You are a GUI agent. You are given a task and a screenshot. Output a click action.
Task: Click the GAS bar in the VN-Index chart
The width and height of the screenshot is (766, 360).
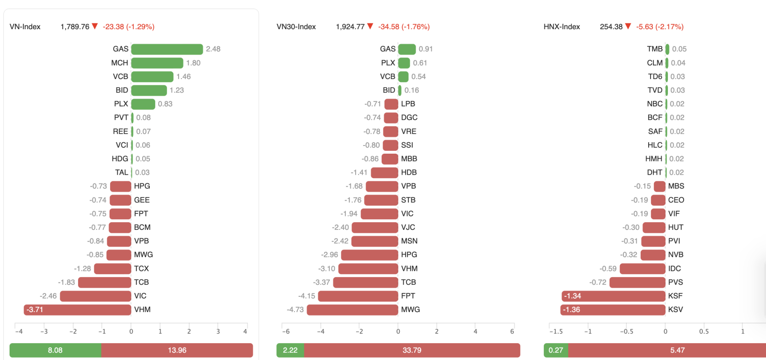[167, 49]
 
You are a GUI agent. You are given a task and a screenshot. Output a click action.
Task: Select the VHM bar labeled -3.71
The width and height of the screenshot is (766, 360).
[78, 310]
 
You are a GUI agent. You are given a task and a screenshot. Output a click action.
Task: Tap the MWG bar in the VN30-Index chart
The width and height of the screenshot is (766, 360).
[352, 310]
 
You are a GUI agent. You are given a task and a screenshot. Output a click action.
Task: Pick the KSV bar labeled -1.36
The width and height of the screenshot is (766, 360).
[613, 310]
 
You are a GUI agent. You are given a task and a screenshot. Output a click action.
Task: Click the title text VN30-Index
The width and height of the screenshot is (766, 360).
[296, 27]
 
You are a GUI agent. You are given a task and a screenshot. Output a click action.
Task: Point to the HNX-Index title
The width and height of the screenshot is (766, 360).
[562, 27]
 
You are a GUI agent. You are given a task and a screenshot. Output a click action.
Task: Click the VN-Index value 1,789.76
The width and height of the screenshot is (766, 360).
[75, 27]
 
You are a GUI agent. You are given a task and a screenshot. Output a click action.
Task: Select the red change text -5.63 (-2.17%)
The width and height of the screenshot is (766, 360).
[660, 27]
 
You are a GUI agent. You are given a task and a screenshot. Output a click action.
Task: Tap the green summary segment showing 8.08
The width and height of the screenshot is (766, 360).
[55, 350]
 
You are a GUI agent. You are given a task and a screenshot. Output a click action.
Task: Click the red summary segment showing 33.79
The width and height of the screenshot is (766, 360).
[412, 350]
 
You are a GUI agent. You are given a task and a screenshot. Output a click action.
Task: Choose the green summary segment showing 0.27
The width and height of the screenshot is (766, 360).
[556, 350]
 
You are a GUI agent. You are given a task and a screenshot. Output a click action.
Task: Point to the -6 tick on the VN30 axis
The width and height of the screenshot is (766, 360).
[285, 331]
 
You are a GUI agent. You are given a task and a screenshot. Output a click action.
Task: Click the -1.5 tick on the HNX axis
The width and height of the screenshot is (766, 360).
[556, 331]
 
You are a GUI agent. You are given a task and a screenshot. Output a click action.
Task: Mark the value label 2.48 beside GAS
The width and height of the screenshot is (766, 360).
[213, 49]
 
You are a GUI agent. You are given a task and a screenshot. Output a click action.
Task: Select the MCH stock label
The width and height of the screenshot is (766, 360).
[120, 63]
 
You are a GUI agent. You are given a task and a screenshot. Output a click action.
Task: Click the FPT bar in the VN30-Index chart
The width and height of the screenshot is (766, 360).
[358, 296]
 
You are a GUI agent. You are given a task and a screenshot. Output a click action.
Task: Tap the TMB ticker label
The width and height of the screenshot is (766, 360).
[654, 49]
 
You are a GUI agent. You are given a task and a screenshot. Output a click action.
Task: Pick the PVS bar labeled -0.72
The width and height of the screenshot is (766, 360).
[637, 282]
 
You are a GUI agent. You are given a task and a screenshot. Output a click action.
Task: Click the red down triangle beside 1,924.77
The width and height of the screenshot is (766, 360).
[370, 26]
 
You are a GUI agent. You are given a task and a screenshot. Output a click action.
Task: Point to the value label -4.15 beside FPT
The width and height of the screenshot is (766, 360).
[306, 296]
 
